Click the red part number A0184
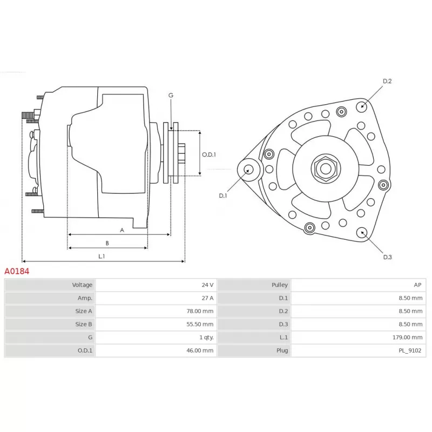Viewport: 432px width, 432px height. coord(17,271)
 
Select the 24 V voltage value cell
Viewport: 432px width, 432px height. coord(207,285)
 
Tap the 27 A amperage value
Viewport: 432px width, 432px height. coord(207,298)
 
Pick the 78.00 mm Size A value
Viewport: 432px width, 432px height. coord(201,311)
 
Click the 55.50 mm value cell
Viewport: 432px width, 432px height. coord(201,324)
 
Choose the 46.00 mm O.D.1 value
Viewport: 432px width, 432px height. coord(201,350)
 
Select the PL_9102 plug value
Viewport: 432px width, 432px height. coord(410,350)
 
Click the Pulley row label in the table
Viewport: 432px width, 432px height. coord(280,285)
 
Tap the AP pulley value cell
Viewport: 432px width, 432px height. coord(417,285)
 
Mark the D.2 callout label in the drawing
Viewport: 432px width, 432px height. coord(387,82)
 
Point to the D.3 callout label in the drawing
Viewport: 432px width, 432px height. coord(387,257)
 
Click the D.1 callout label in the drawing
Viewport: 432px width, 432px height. coord(223,195)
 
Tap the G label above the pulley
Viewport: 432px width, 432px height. coord(171,95)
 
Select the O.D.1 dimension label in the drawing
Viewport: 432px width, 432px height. coord(209,154)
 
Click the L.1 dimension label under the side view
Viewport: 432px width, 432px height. coord(102,256)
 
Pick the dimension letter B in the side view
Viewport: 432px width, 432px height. coord(107,243)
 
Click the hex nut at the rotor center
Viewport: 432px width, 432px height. coord(325,168)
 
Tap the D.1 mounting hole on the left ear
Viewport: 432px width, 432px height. coord(249,169)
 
